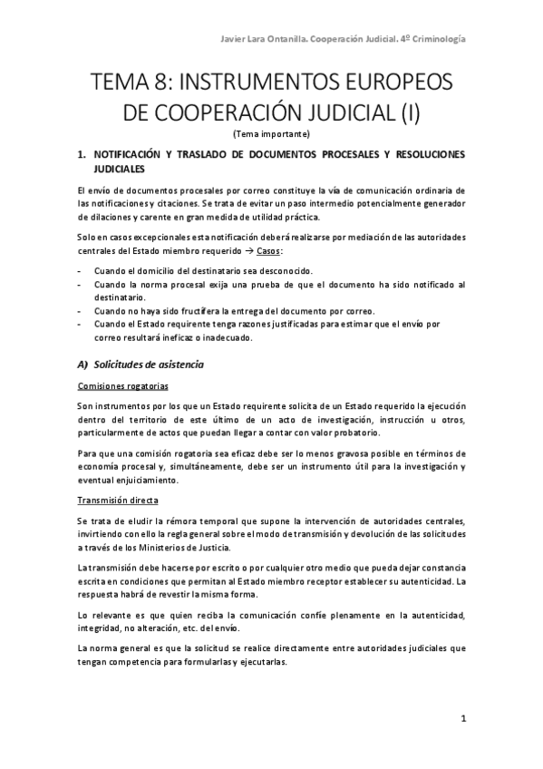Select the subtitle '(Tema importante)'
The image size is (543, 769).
click(x=271, y=134)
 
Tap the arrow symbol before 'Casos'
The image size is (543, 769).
click(x=244, y=249)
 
